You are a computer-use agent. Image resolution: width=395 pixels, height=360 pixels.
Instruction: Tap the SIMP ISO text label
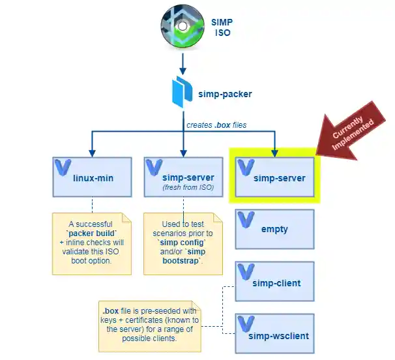coord(221,27)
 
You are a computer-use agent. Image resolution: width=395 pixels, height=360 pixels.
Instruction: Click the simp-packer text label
coord(225,94)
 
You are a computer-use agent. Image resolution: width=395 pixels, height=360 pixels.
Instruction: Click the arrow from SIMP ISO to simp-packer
coord(184,63)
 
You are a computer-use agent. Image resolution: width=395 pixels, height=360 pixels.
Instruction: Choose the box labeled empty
coord(274,229)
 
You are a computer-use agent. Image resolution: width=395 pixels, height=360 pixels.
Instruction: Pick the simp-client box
coord(274,282)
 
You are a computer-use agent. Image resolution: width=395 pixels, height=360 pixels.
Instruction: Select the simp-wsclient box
coord(274,334)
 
